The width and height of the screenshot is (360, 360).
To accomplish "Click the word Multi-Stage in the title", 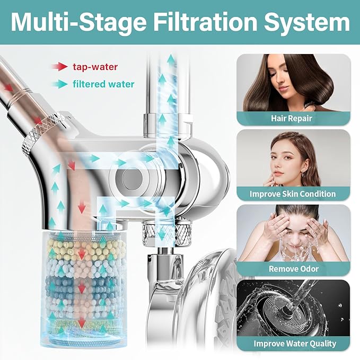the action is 78,22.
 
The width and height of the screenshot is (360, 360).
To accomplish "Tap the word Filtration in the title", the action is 205,22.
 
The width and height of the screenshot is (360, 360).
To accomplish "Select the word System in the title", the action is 307,22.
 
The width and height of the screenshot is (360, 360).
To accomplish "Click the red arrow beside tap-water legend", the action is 59,67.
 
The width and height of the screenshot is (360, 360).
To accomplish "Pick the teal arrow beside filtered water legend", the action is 59,84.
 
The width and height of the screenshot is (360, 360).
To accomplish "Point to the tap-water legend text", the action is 95,67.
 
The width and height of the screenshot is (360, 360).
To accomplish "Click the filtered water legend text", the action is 103,84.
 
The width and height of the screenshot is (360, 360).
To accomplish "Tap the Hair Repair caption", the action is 292,118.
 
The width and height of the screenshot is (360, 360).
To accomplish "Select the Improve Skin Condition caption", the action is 293,194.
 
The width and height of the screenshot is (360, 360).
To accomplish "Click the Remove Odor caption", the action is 294,269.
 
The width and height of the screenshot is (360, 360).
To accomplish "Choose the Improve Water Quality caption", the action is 295,344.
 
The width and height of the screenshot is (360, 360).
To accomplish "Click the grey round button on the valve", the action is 131,178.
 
